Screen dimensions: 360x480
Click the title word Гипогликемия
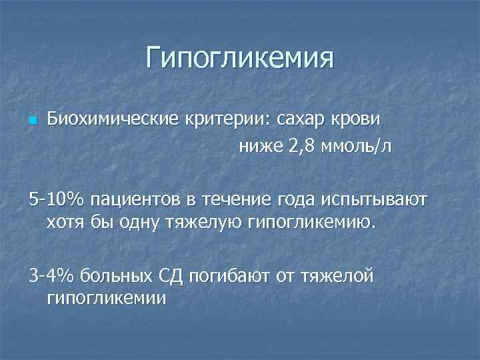tap(239, 57)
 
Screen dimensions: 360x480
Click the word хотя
tap(66, 221)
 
